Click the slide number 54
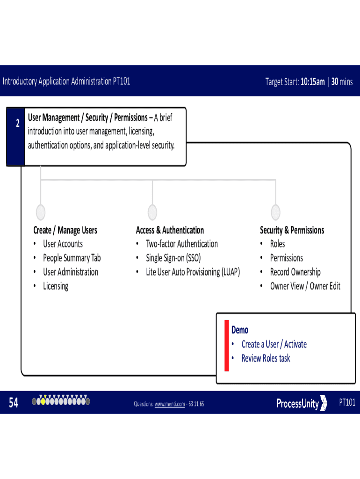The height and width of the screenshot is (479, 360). [x=14, y=403]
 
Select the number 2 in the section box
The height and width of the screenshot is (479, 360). [x=17, y=124]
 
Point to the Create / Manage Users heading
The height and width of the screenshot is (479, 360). [x=65, y=230]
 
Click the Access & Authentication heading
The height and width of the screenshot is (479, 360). [x=170, y=230]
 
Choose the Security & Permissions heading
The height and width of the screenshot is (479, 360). [x=292, y=230]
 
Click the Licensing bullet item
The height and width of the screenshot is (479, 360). [x=56, y=286]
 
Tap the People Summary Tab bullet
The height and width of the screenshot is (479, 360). [x=72, y=258]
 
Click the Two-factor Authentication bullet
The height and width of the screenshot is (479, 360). [x=181, y=244]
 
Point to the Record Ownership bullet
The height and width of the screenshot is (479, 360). [x=295, y=272]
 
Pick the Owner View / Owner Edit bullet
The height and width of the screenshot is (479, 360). [x=305, y=286]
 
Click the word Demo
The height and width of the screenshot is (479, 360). [x=240, y=330]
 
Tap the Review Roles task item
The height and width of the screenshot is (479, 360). [x=265, y=358]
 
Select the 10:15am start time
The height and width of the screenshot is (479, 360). [x=312, y=82]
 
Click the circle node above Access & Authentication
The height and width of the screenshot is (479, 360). [x=152, y=212]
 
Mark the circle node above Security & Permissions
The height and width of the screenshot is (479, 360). [x=275, y=212]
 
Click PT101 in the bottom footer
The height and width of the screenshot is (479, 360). [x=347, y=402]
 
